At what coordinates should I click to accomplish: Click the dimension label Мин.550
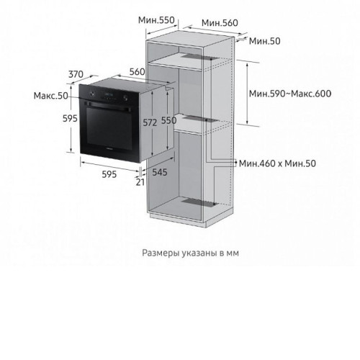(x=156, y=20)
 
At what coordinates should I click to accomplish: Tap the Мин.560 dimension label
(x=220, y=23)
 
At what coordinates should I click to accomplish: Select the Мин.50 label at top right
(x=264, y=41)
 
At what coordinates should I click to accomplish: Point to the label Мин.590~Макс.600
(x=290, y=94)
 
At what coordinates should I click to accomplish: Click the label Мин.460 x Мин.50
(x=277, y=163)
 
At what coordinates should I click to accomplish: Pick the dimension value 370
(x=76, y=74)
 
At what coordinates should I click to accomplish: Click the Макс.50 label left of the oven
(x=50, y=96)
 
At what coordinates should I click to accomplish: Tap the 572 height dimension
(x=150, y=122)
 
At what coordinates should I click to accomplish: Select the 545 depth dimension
(x=160, y=172)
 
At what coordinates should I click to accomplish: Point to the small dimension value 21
(x=140, y=182)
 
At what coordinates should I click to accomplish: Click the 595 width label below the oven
(x=109, y=174)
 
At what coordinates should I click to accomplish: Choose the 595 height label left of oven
(x=70, y=118)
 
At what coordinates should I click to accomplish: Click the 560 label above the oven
(x=137, y=71)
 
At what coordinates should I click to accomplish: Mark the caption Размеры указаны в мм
(x=190, y=253)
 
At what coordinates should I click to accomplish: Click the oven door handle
(x=109, y=107)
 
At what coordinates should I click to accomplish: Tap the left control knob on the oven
(x=91, y=94)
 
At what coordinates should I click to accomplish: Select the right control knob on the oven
(x=125, y=98)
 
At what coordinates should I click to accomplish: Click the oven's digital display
(x=109, y=93)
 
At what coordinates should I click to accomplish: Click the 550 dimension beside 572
(x=168, y=120)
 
